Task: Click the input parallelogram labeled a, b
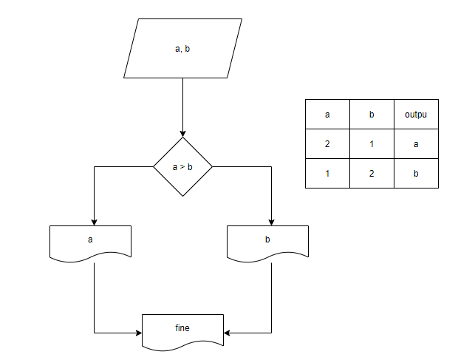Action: (183, 48)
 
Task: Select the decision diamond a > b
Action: (183, 166)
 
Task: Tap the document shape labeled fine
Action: (183, 333)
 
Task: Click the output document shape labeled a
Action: (91, 243)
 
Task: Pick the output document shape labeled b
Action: (268, 243)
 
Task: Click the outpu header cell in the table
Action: (416, 115)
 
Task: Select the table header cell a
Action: (327, 115)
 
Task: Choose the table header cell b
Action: (372, 115)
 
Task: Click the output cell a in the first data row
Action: (416, 144)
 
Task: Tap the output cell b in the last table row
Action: (416, 174)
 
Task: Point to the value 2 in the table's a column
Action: (327, 144)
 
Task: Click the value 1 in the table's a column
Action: (327, 174)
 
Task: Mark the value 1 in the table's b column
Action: (372, 144)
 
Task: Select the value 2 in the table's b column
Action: (372, 174)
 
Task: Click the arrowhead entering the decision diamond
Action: (183, 134)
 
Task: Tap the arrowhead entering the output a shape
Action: (94, 223)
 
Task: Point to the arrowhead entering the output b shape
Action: (271, 223)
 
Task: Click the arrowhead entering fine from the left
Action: (139, 333)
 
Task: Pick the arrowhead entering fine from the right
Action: (227, 333)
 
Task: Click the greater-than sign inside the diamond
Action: (182, 167)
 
